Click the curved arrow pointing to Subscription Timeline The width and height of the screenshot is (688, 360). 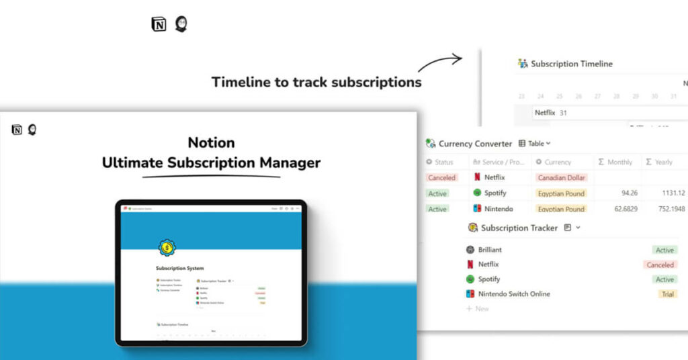440,63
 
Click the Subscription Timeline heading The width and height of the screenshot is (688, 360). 571,64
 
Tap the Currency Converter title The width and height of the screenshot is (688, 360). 475,144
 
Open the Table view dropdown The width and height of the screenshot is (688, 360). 535,144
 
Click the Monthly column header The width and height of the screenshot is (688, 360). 615,162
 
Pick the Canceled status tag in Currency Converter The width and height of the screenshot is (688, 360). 441,178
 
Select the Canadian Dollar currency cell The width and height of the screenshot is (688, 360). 561,178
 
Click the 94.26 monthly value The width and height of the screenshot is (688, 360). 629,193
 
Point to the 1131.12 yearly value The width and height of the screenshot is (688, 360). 672,193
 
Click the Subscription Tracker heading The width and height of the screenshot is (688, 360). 519,228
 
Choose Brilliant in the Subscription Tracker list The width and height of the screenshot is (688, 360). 490,250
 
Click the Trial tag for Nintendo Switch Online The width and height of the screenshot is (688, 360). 668,294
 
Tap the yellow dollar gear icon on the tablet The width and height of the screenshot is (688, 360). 166,248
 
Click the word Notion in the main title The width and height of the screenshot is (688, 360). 211,142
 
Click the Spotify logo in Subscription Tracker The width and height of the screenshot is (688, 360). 470,279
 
